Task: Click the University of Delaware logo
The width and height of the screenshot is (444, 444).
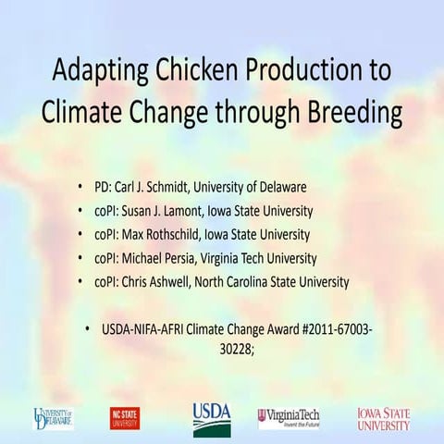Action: click(x=54, y=418)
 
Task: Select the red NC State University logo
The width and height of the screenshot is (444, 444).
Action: click(x=125, y=418)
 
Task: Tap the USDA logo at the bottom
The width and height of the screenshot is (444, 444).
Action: click(x=212, y=418)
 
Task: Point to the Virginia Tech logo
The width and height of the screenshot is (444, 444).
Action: click(x=289, y=418)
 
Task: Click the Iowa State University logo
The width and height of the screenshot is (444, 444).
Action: click(x=384, y=418)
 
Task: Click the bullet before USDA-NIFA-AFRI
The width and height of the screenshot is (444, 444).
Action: click(x=88, y=329)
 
